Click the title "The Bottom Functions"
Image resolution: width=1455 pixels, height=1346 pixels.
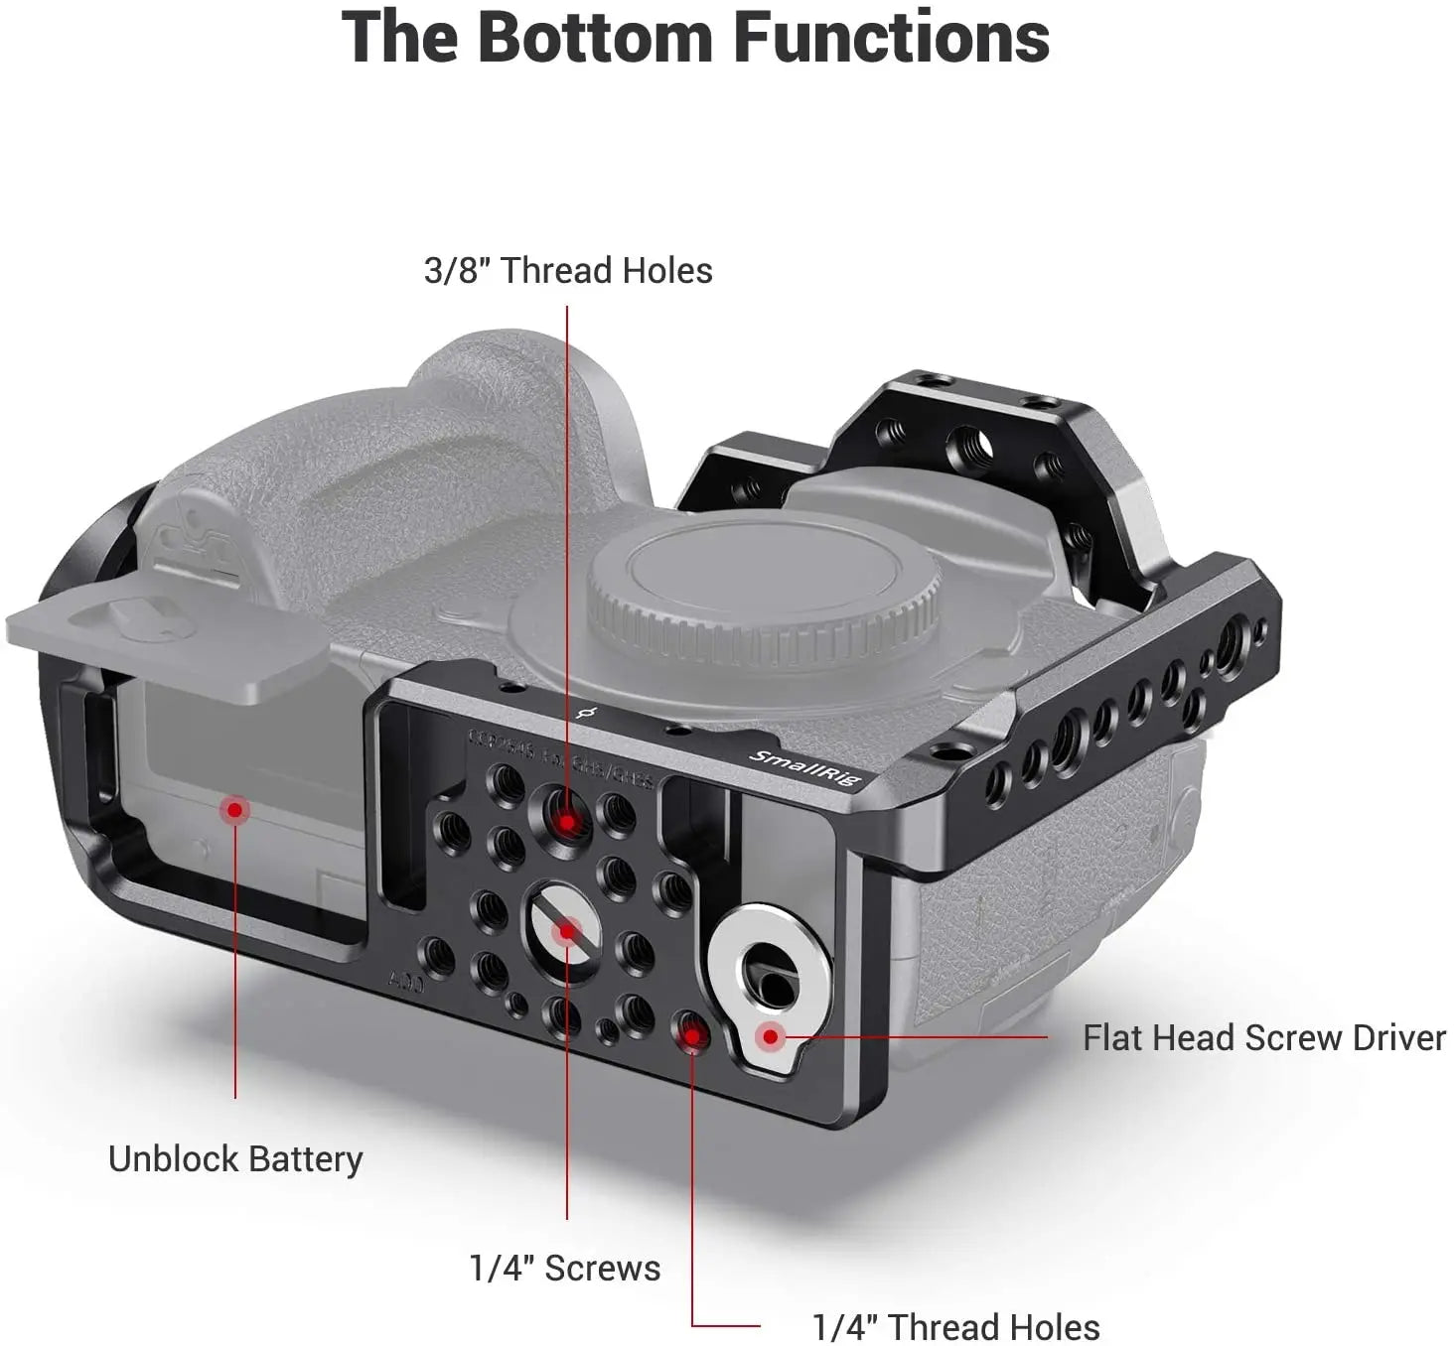click(x=695, y=37)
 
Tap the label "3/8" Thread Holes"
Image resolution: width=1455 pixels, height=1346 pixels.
click(x=568, y=270)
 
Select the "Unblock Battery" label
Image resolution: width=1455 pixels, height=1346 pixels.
click(x=235, y=1158)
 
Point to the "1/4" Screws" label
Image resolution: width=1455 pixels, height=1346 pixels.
click(x=565, y=1268)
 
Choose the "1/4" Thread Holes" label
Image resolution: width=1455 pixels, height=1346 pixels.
click(x=955, y=1326)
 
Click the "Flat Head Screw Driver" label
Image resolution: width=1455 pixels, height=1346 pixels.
click(x=1263, y=1037)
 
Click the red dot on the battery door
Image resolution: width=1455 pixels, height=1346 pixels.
click(x=234, y=809)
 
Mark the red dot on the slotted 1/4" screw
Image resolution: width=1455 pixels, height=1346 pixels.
click(x=567, y=930)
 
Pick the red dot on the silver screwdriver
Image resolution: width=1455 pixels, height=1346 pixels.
click(x=768, y=1037)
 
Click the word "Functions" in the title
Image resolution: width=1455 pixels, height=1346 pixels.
click(x=891, y=37)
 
